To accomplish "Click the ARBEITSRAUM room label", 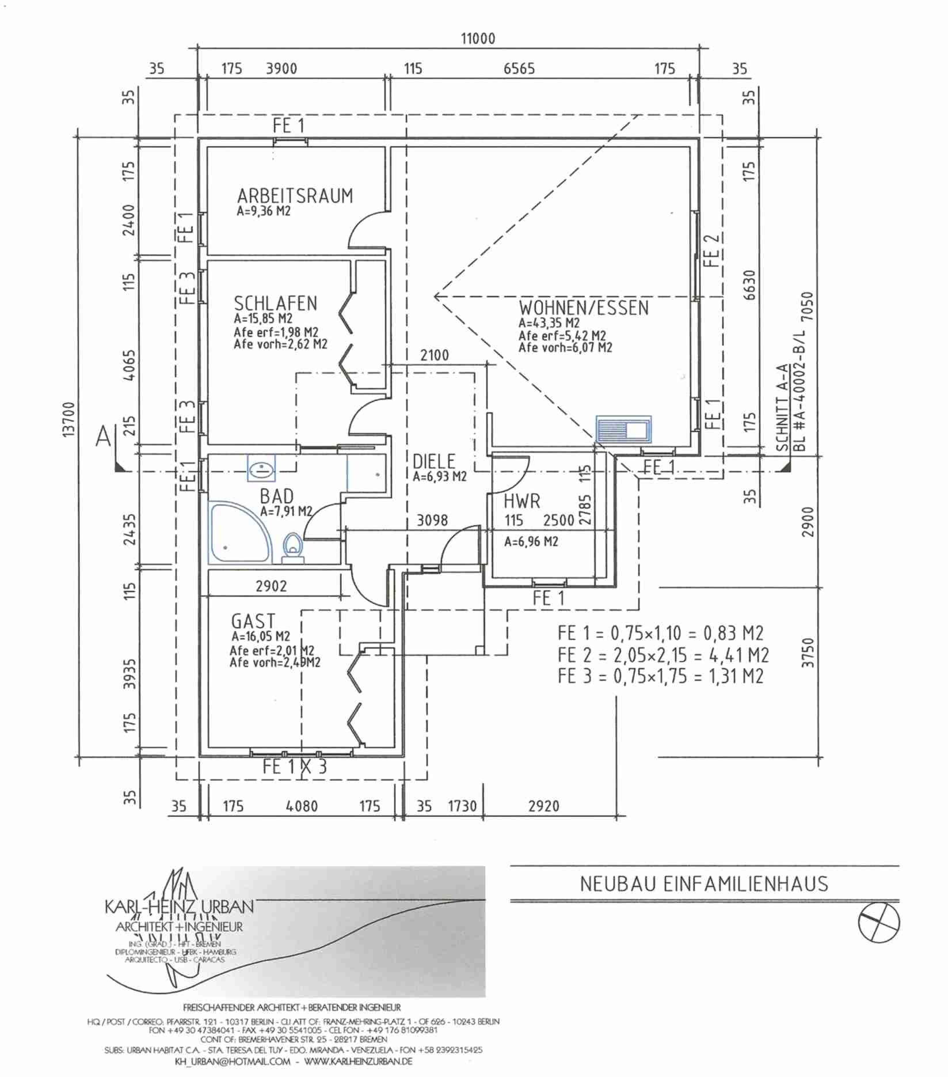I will coord(295,196).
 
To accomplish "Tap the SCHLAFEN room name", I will coord(275,303).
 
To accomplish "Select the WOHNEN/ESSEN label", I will coord(584,308).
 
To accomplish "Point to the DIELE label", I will coord(434,461).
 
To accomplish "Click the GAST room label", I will coord(253,621).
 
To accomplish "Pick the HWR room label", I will coord(522,501).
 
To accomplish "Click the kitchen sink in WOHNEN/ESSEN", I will coord(624,429).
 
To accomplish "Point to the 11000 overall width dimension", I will coord(478,39).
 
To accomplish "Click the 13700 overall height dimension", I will coord(68,420).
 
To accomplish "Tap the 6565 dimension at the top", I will coord(519,69).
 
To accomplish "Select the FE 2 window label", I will coord(712,249).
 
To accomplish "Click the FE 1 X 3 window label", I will coord(295,767).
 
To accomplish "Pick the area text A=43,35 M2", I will coord(549,323).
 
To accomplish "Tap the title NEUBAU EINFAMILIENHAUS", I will coord(703,883).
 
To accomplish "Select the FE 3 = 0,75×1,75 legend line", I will coord(660,676).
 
